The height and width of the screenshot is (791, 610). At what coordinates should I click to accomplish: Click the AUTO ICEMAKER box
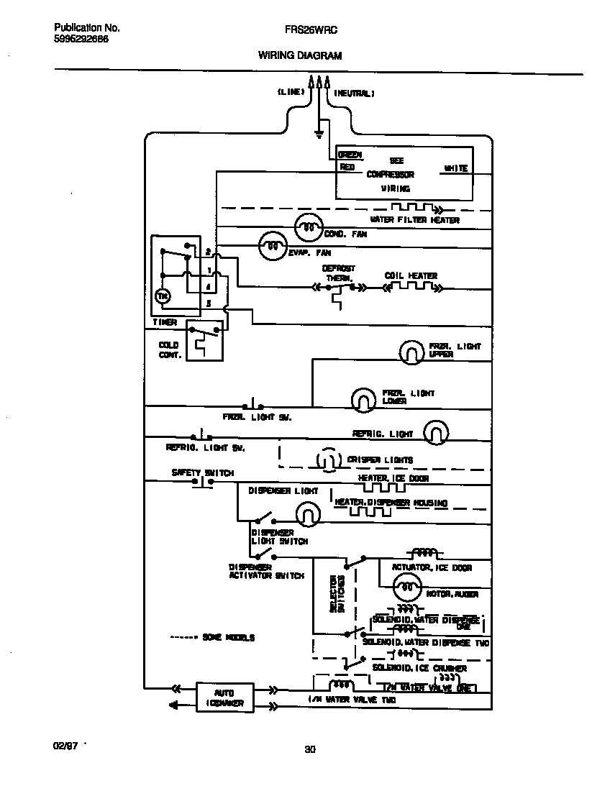tap(225, 697)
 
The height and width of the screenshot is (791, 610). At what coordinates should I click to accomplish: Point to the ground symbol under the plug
tap(319, 132)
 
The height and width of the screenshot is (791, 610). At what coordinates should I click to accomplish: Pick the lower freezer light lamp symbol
tap(363, 398)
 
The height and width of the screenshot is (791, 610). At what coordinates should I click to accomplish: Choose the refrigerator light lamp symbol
tap(435, 433)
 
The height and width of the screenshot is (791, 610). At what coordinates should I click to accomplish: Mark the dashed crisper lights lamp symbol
tap(327, 459)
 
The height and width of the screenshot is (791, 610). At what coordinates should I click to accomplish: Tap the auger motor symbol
tap(408, 587)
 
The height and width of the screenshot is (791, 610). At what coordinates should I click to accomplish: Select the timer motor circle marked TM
tap(163, 296)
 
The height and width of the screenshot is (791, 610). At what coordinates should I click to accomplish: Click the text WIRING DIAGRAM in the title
tap(300, 55)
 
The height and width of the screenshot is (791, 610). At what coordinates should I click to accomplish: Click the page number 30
tap(309, 750)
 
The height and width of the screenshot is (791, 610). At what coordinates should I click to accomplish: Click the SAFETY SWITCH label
tap(202, 472)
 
